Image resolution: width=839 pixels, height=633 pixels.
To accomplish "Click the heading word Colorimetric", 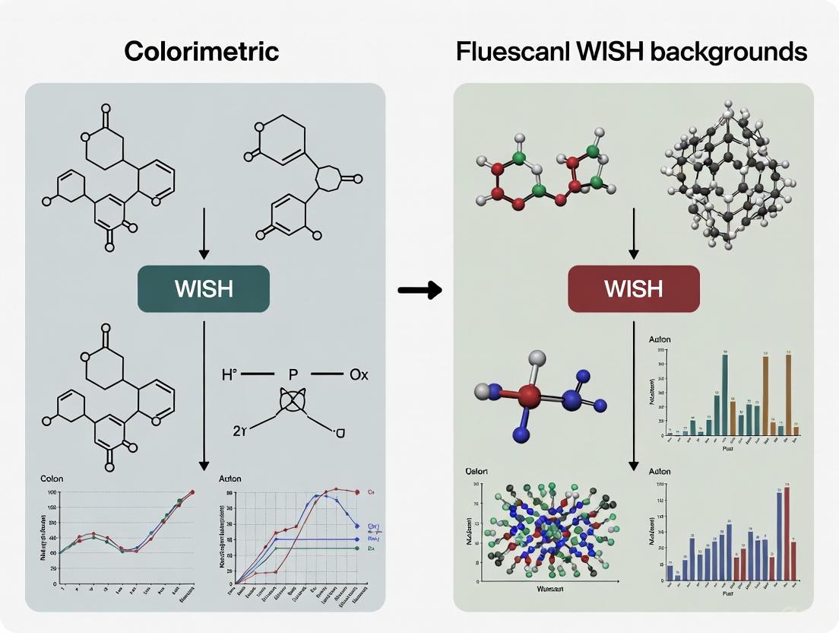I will pyautogui.click(x=201, y=52).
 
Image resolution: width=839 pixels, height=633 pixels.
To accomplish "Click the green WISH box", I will pyautogui.click(x=204, y=288).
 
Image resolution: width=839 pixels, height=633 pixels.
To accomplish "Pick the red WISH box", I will pyautogui.click(x=633, y=288).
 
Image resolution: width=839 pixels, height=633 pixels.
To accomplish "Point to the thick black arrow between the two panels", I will pyautogui.click(x=419, y=289).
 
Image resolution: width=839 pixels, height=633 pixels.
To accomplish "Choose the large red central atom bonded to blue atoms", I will pyautogui.click(x=530, y=395).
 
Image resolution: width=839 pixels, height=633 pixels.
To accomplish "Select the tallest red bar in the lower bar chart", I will pyautogui.click(x=787, y=533).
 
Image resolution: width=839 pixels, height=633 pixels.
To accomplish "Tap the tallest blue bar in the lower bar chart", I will pyautogui.click(x=779, y=536).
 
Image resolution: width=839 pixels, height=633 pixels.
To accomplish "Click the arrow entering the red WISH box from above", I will pyautogui.click(x=634, y=243).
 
